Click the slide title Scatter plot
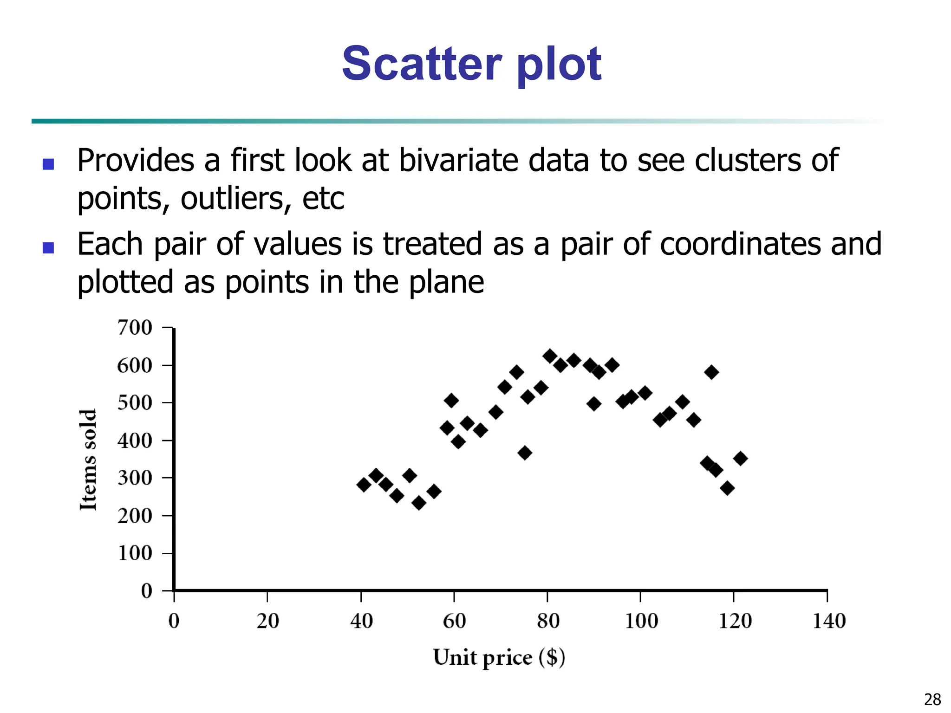(471, 64)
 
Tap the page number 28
(932, 699)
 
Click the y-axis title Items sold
(88, 460)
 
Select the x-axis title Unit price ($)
(499, 657)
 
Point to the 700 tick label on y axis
(135, 328)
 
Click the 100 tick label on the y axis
(135, 553)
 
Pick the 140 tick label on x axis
(829, 621)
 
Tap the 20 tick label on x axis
(267, 621)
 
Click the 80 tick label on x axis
(548, 621)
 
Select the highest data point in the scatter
(550, 356)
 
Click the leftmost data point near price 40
(364, 485)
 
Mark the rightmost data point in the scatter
(740, 459)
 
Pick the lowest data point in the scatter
(419, 503)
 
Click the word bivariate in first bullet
(458, 161)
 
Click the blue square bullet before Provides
(48, 164)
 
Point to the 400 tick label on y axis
(135, 441)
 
